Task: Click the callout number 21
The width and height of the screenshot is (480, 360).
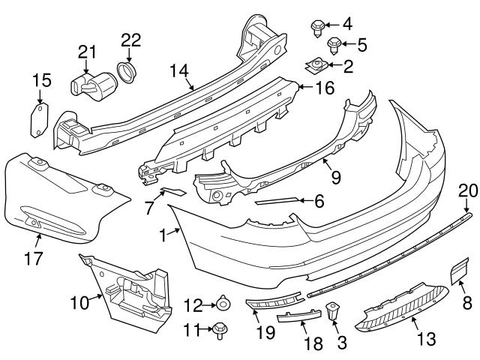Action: [88, 51]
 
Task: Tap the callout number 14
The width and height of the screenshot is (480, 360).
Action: [178, 70]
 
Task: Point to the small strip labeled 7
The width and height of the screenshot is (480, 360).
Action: [174, 192]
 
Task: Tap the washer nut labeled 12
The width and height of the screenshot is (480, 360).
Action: [223, 304]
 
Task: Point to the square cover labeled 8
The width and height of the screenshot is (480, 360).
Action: [459, 270]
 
